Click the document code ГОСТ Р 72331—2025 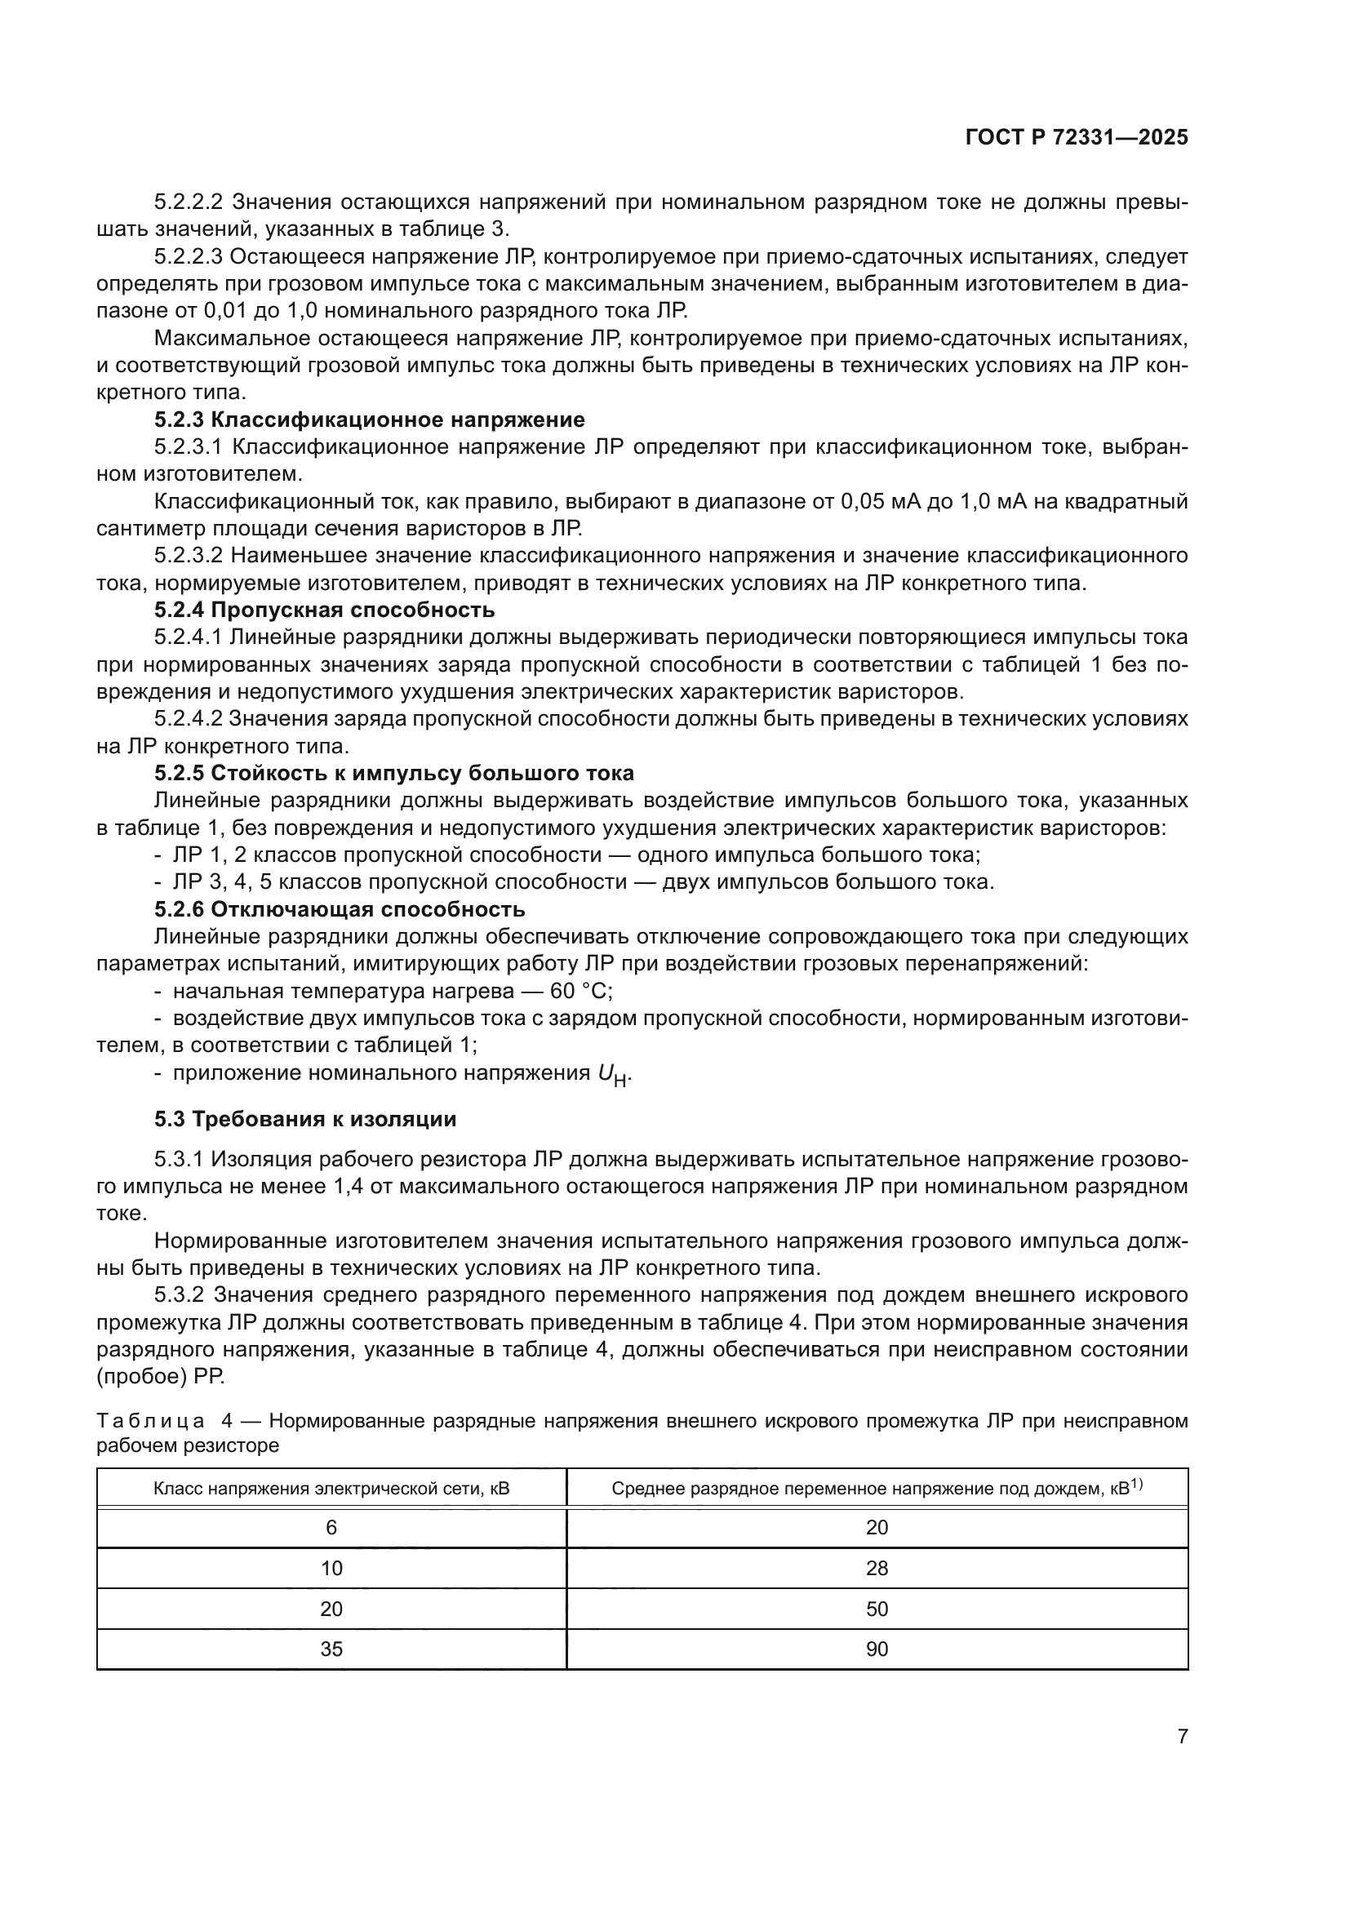pyautogui.click(x=1077, y=138)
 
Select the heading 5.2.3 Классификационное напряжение pyautogui.click(x=369, y=420)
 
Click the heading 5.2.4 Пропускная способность pyautogui.click(x=324, y=610)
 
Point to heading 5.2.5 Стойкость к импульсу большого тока pyautogui.click(x=394, y=773)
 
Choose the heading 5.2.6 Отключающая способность pyautogui.click(x=340, y=909)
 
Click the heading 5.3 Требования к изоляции pyautogui.click(x=305, y=1119)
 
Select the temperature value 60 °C pyautogui.click(x=579, y=992)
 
